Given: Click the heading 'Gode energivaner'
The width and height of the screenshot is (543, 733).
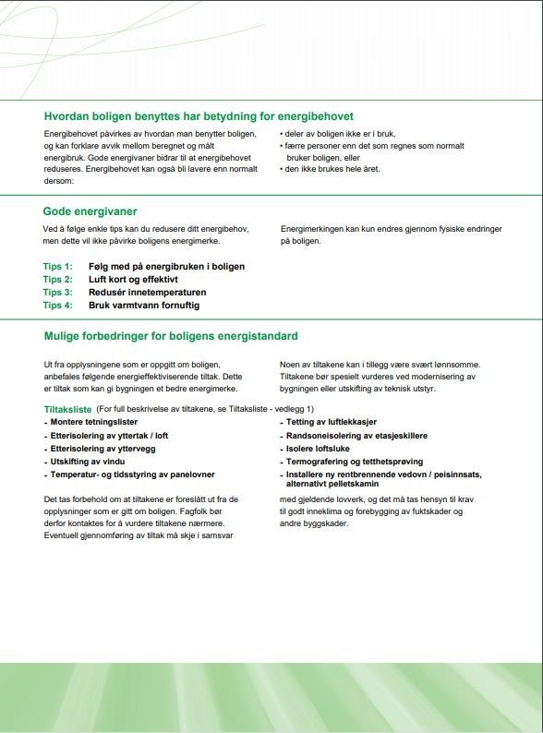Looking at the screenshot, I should click(x=90, y=211).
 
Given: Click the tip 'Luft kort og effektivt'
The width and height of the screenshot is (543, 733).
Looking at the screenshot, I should click(x=133, y=279).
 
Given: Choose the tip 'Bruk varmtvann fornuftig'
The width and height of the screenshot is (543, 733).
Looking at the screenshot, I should click(x=143, y=305).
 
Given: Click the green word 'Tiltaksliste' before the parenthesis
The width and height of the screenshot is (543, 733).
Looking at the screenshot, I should click(x=68, y=409).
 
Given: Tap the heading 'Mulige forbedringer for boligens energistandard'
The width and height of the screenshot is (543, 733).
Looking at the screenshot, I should click(x=171, y=336).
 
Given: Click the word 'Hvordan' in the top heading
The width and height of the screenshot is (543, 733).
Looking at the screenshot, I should click(x=66, y=116).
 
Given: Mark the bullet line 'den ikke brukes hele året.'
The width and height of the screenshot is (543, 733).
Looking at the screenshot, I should click(x=332, y=169).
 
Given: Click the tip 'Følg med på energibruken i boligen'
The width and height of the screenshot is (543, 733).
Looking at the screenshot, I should click(x=166, y=266).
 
